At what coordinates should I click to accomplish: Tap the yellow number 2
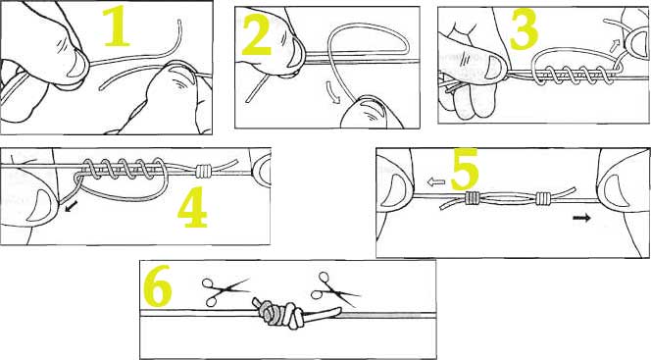[257, 35]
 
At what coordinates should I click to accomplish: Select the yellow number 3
[524, 29]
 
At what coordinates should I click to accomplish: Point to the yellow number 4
[192, 207]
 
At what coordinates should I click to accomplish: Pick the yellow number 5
[465, 171]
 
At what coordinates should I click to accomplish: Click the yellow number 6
[157, 285]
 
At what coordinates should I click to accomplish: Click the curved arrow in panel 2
[332, 91]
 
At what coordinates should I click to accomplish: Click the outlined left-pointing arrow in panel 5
[436, 181]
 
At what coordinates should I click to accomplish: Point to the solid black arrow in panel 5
[581, 218]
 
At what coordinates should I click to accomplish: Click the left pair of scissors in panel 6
[225, 289]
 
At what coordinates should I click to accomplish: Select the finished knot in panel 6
[279, 314]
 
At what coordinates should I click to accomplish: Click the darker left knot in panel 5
[473, 198]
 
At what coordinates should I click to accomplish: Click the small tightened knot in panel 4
[204, 170]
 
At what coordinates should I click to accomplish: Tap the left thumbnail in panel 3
[494, 68]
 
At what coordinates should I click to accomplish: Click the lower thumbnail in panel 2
[371, 111]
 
